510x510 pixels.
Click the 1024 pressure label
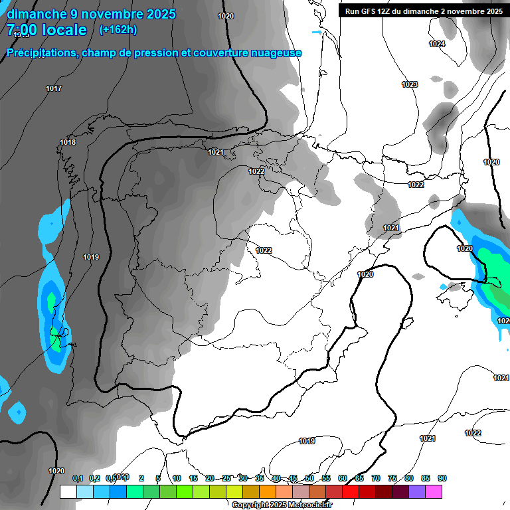436,44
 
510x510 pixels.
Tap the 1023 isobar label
410,84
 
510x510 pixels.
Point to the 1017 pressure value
54,88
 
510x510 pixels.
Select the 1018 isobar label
68,142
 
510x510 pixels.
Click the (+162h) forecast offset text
118,29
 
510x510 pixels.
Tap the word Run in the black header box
353,11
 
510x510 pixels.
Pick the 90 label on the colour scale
442,478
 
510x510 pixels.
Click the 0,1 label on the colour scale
77,478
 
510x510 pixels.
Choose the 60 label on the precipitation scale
343,478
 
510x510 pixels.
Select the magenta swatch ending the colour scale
434,491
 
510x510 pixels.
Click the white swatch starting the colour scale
68,491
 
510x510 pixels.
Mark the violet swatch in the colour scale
417,491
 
